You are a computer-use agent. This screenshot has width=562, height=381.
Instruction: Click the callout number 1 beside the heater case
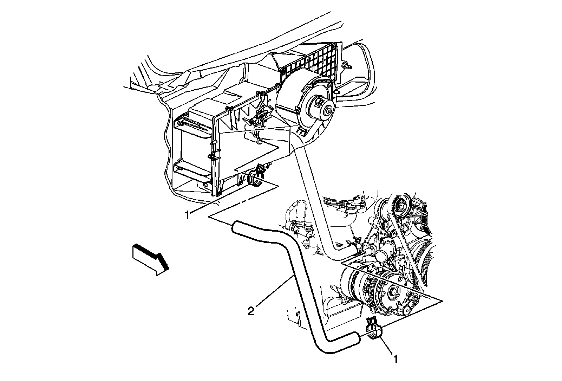tap(187, 214)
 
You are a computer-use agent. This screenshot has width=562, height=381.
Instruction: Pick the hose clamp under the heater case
tap(256, 176)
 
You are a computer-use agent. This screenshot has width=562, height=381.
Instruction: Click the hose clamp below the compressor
tap(373, 331)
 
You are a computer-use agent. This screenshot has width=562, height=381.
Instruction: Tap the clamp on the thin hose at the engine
tap(352, 242)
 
